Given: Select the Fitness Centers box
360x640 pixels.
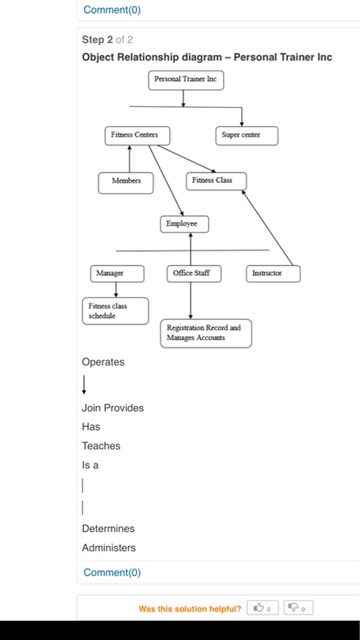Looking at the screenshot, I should point(133,135).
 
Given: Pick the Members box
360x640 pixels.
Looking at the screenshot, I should point(126,180).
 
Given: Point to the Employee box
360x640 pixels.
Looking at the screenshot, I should point(185,223).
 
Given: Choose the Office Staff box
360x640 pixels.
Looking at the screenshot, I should point(190,272).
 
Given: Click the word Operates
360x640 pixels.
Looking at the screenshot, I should point(102,362).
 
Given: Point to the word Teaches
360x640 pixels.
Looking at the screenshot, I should point(101,446).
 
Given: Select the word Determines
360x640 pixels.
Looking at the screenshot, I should point(108,528).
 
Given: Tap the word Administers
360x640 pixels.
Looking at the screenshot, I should point(109,548).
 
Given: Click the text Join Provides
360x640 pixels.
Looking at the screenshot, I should point(112,408).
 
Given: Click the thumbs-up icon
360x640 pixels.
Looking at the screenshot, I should point(260,606).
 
